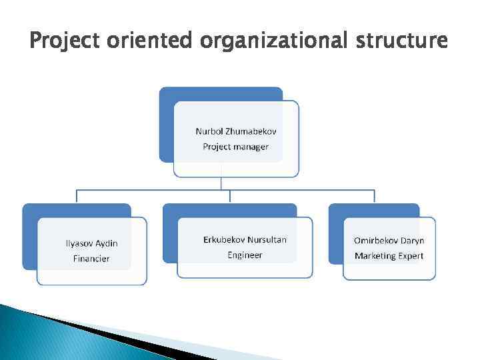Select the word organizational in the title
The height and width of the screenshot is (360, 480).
click(273, 42)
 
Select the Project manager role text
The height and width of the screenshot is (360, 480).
click(236, 147)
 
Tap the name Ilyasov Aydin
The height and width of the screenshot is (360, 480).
click(91, 243)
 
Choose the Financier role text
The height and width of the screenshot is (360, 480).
click(91, 259)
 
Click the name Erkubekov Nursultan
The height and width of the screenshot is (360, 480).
click(245, 239)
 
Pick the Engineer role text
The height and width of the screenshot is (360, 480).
click(245, 255)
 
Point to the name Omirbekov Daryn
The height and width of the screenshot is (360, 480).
click(389, 241)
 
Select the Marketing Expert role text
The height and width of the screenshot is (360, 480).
click(389, 256)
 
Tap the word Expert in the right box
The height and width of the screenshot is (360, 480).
click(411, 256)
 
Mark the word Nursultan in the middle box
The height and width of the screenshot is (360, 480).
click(267, 239)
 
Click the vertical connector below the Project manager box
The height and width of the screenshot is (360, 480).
click(222, 183)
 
